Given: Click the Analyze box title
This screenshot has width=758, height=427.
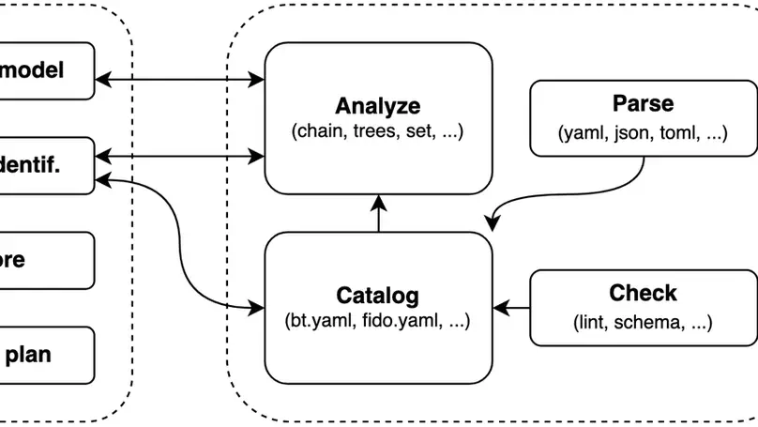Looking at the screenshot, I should tap(378, 106).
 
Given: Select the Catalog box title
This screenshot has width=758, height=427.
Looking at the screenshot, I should tap(378, 297).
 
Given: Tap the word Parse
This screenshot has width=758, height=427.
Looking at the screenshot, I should tap(643, 104).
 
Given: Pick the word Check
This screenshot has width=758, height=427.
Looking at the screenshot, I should tap(643, 294).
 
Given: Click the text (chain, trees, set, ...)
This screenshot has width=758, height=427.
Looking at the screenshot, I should tap(378, 131).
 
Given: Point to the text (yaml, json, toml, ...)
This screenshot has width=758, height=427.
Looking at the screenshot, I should tap(643, 132).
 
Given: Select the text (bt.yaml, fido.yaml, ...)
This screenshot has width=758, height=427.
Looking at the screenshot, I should tap(378, 322).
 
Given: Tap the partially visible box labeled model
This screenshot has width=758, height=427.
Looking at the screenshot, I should tap(47, 70).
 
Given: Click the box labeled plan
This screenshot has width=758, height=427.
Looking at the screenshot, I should tap(47, 355).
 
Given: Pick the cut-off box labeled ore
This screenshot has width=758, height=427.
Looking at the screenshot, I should tap(47, 260).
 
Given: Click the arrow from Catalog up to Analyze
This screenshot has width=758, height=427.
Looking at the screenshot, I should tap(378, 213).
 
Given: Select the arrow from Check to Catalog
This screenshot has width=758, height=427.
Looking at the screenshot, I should tap(512, 306).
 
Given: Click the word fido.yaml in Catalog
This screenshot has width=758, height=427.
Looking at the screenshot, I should tap(394, 322).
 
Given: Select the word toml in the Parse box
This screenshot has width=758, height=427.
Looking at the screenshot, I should tap(678, 132).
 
